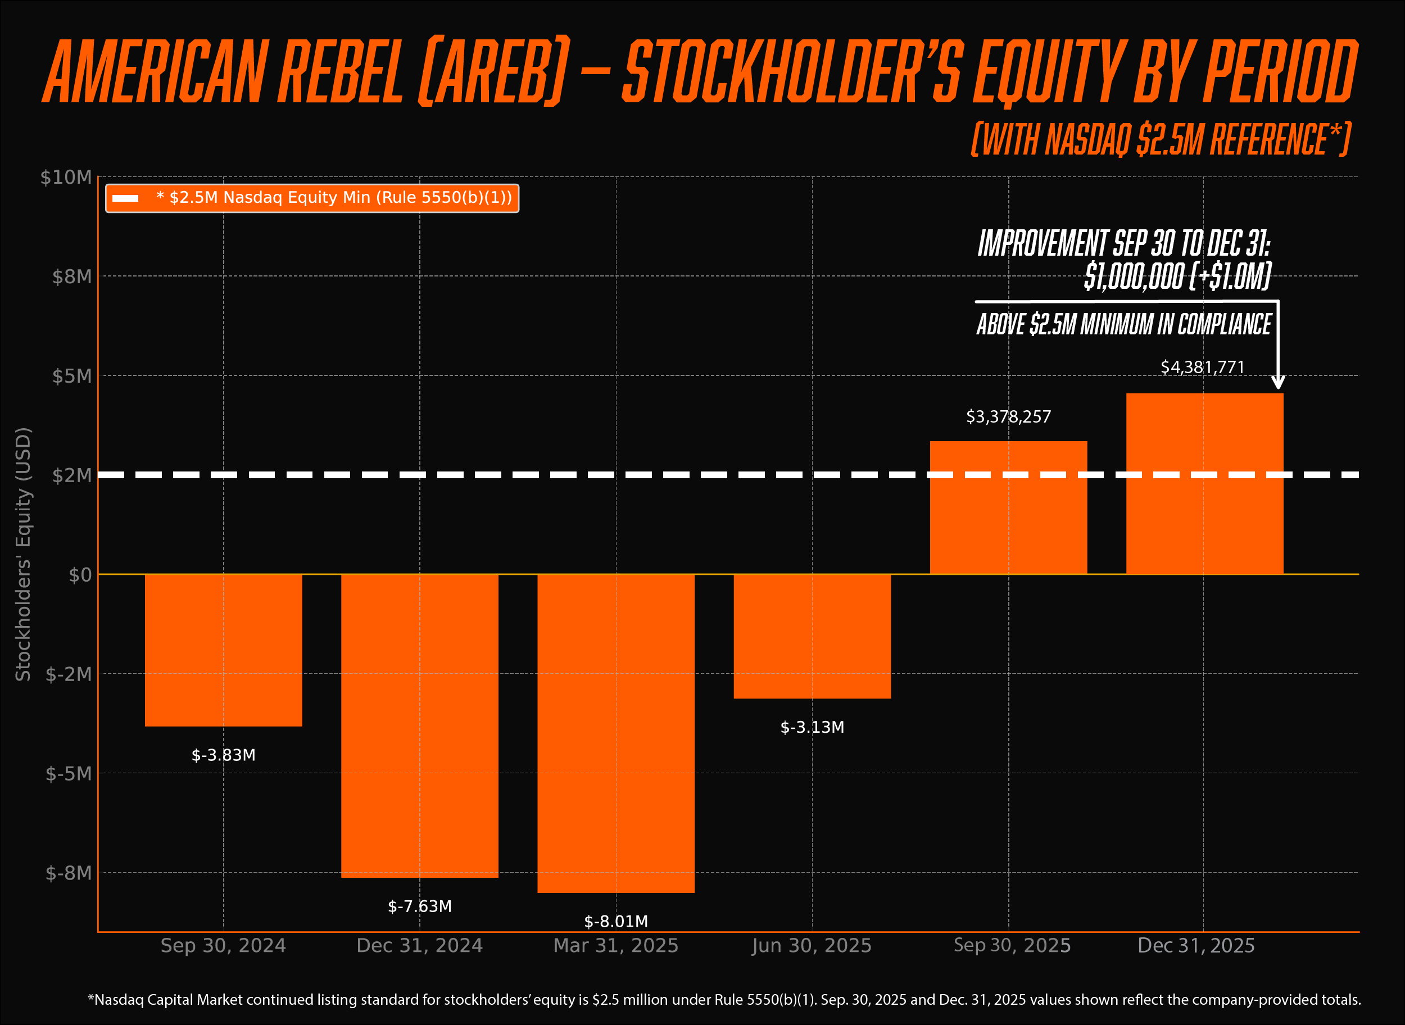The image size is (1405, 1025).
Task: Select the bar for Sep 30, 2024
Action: pos(224,650)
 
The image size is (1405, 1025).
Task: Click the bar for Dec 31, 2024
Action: pos(419,725)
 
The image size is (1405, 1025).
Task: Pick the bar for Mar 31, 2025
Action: pos(615,733)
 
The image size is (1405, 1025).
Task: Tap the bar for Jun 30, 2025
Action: pos(812,636)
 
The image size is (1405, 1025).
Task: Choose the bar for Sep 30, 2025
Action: pos(1008,507)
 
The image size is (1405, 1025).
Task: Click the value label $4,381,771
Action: pos(1203,368)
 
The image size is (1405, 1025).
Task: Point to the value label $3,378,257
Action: pos(1008,416)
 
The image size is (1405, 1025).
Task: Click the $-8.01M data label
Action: pos(615,922)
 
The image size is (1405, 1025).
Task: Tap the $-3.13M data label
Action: pos(812,727)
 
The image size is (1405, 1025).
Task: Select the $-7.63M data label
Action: pos(419,906)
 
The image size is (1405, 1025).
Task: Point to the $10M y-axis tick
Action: pos(66,178)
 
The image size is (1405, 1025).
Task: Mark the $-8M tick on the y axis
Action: pos(68,873)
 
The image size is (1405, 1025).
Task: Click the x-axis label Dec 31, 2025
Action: pos(1196,946)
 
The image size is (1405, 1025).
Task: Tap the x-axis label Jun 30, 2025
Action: pos(812,946)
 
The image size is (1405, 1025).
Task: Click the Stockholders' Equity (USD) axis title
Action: pos(23,554)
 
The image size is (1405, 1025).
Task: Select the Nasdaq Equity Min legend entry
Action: pos(312,198)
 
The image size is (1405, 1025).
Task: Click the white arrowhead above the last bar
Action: pos(1278,383)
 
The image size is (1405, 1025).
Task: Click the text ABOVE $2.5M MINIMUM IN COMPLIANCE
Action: pos(1124,324)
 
